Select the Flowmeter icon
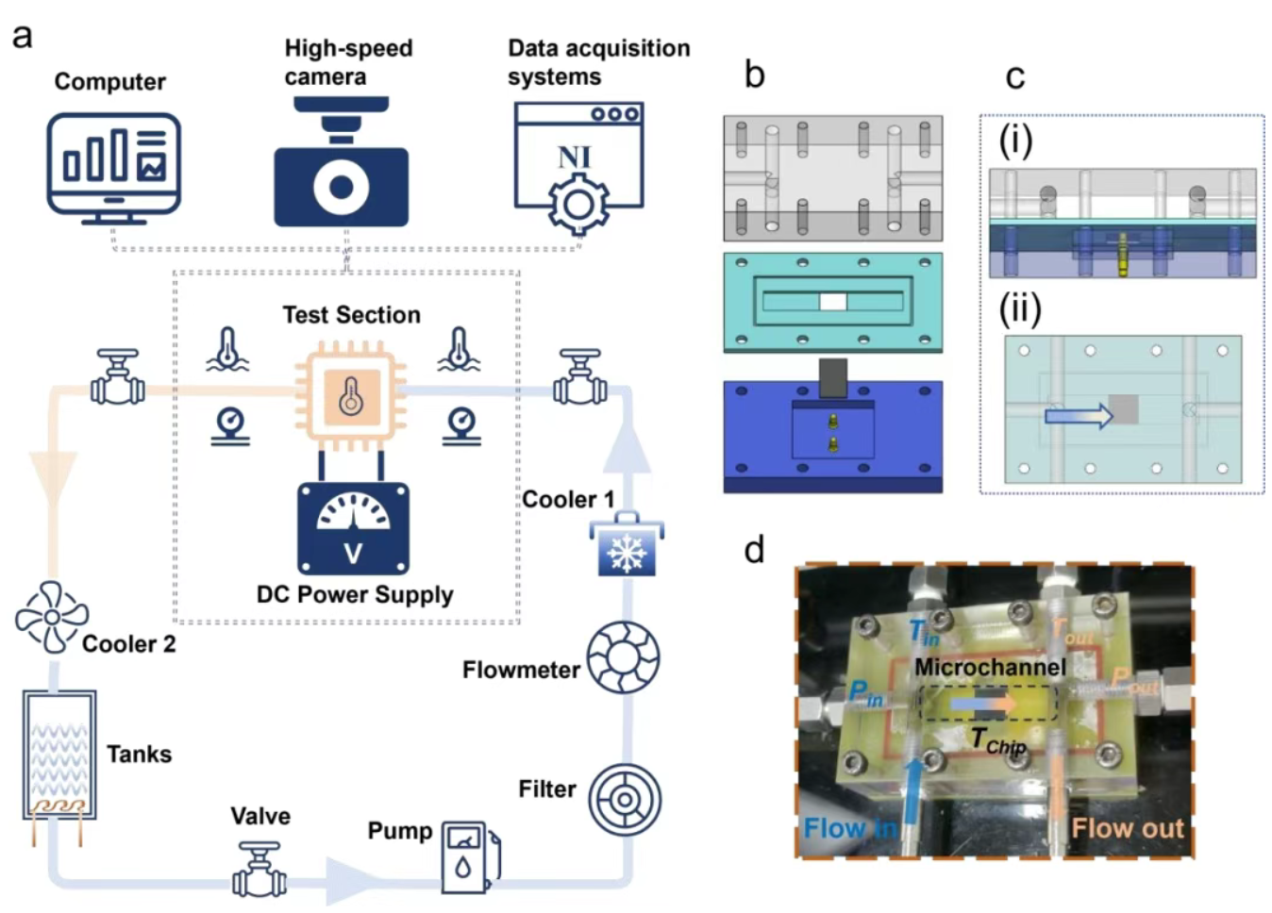click(x=624, y=657)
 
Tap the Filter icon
click(x=625, y=800)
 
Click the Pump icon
click(x=469, y=856)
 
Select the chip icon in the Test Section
click(x=351, y=396)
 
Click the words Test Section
click(x=351, y=315)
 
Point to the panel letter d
click(x=753, y=550)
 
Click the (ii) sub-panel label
click(x=1020, y=309)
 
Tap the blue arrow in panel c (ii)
click(x=1079, y=415)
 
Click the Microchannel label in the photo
click(x=990, y=668)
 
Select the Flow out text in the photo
click(x=1127, y=828)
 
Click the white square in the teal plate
click(x=832, y=302)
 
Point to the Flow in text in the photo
click(x=850, y=828)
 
